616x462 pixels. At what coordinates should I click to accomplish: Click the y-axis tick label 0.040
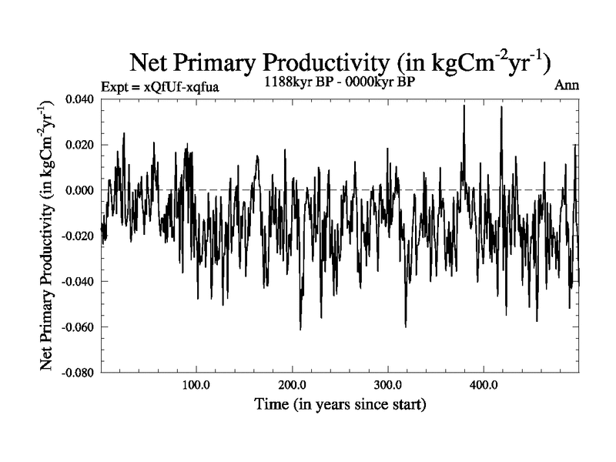(81, 99)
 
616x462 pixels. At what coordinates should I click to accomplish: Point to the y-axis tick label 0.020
(81, 145)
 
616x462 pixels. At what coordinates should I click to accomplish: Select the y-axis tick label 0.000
(81, 190)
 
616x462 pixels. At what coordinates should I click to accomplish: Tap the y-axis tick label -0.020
(79, 236)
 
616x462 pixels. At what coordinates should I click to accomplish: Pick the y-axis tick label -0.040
(79, 281)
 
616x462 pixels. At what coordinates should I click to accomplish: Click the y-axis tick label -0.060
(79, 326)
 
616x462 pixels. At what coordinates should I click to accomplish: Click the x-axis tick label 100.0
(196, 385)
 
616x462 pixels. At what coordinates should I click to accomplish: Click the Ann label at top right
(566, 85)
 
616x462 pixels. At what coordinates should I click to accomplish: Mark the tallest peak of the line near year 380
(464, 106)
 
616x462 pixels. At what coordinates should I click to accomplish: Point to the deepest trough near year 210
(300, 329)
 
